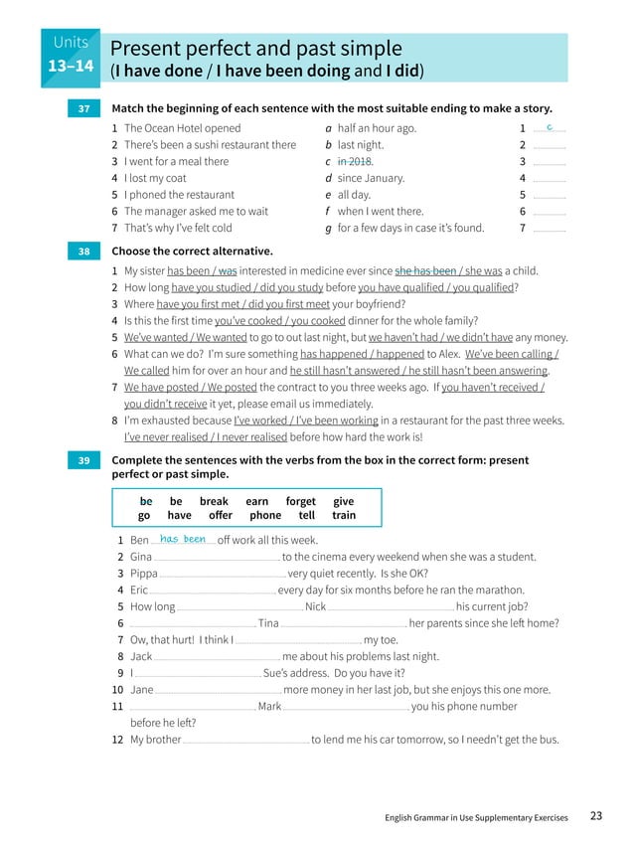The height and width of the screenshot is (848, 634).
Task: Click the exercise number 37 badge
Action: (x=82, y=108)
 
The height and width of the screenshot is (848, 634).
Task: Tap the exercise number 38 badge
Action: (x=82, y=252)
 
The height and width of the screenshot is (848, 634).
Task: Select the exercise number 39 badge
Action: (x=82, y=460)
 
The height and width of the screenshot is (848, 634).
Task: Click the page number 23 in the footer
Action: (x=595, y=817)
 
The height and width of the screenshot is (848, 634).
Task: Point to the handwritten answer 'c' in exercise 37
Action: (x=550, y=127)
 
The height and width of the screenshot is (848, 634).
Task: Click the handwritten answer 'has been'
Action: (x=182, y=539)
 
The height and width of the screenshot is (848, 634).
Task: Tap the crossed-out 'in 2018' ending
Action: (x=355, y=161)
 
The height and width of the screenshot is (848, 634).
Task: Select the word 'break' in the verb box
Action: (x=214, y=502)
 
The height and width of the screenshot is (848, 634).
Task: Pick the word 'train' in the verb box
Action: (x=344, y=516)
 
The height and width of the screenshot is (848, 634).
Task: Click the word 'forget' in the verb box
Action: (x=300, y=502)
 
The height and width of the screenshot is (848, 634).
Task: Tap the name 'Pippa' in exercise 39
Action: (x=144, y=574)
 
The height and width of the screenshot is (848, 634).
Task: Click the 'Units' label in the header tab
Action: (x=71, y=42)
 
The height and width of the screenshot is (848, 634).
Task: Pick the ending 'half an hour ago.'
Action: (x=377, y=128)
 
